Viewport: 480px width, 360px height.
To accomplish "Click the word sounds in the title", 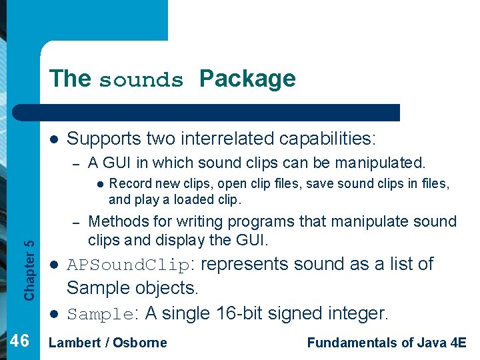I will pos(141,80).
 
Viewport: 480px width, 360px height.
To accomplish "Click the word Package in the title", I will pos(247,79).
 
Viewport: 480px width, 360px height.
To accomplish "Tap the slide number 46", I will pos(21,341).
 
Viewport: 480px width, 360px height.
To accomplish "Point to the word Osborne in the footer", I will pos(139,343).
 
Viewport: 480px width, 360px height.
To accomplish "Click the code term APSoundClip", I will pos(128,265).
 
